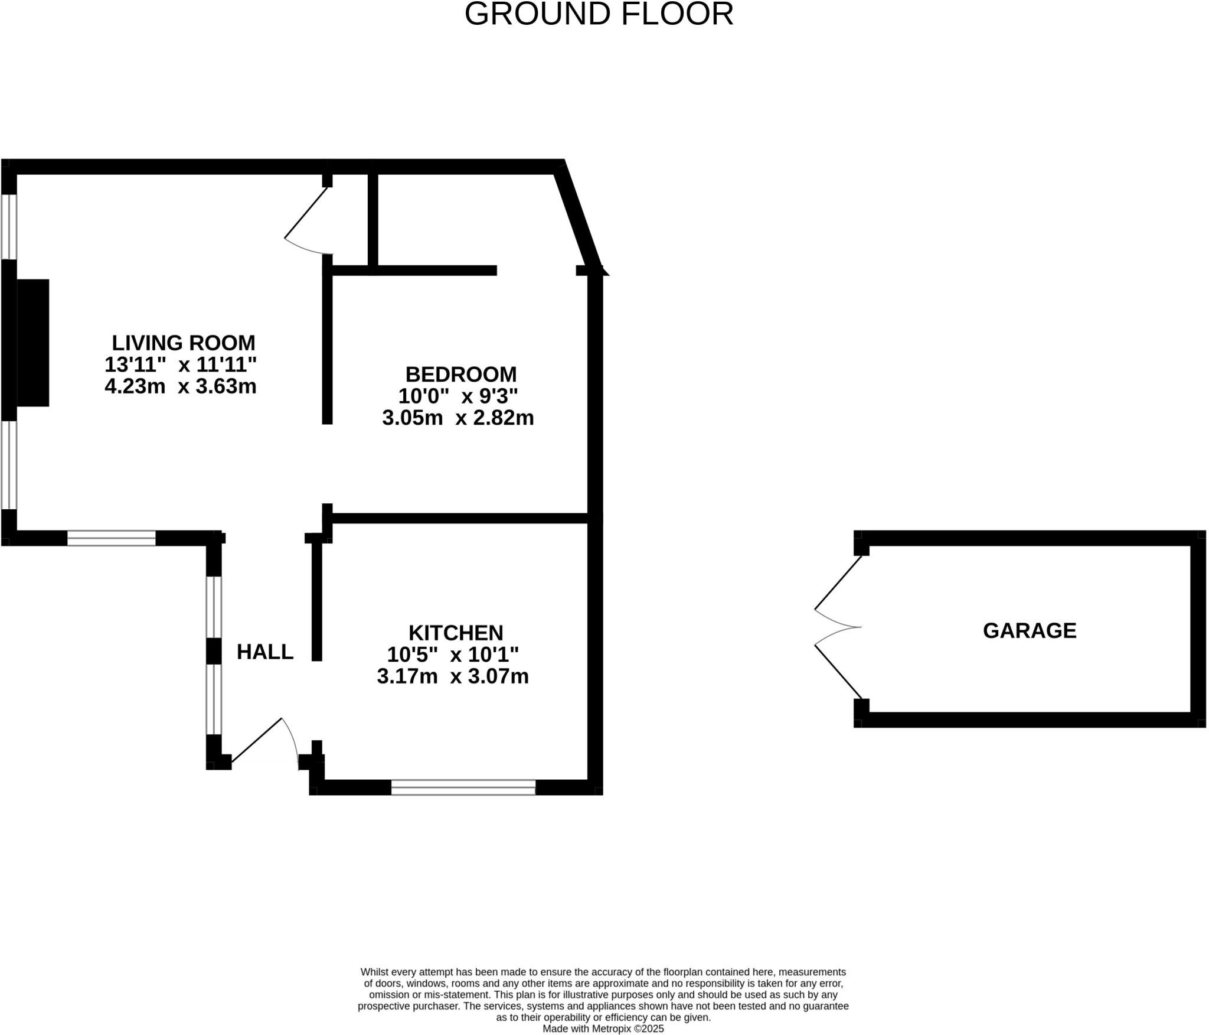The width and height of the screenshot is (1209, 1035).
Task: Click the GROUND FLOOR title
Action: [x=599, y=14]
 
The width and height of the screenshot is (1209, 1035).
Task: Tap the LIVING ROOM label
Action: [x=184, y=343]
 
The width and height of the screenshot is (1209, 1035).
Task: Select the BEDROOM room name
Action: [x=460, y=374]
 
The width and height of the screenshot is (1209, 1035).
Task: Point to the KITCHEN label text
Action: [x=456, y=633]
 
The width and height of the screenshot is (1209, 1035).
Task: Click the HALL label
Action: [x=265, y=652]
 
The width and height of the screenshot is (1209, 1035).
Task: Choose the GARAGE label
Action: [x=1030, y=630]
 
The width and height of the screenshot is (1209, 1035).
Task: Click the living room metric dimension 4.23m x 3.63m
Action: [x=181, y=386]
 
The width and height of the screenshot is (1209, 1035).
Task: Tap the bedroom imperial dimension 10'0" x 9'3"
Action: [x=458, y=395]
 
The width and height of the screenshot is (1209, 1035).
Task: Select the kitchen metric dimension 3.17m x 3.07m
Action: [x=453, y=676]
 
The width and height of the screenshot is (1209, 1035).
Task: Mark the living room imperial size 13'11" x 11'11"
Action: [x=181, y=364]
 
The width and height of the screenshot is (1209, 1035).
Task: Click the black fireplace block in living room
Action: [x=32, y=343]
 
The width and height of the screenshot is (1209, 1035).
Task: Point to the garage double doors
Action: [x=838, y=627]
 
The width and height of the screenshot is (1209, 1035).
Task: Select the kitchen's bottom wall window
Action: [x=463, y=787]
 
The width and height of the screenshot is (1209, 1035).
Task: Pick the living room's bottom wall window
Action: [x=111, y=538]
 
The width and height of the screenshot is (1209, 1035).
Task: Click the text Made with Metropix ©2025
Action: [x=603, y=1029]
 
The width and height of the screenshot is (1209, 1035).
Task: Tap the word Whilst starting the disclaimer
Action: [x=374, y=972]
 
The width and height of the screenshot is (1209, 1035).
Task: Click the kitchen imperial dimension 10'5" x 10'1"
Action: [x=453, y=655]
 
